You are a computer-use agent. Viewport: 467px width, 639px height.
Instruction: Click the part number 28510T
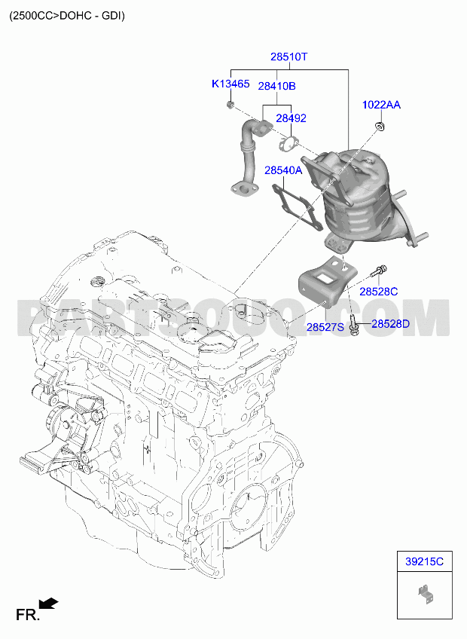coord(289,57)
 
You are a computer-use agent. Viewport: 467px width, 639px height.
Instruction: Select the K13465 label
coord(230,84)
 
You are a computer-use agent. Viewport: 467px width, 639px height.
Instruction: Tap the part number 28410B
coord(276,86)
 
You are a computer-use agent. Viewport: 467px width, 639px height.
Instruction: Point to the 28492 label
coord(291,118)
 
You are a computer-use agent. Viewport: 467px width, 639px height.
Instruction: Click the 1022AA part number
coord(381,105)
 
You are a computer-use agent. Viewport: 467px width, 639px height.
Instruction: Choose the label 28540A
coord(283,170)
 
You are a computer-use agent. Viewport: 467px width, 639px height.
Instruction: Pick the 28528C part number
coord(378,292)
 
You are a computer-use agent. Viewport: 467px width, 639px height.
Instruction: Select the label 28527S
coord(325,327)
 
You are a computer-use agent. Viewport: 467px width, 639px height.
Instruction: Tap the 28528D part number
coord(390,324)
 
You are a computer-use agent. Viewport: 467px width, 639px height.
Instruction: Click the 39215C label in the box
coord(424,561)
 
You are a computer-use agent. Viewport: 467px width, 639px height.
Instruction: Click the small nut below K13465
coord(230,105)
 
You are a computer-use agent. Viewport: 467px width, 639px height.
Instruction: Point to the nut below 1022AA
coord(380,126)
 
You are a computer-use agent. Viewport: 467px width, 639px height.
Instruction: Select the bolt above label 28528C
coord(379,271)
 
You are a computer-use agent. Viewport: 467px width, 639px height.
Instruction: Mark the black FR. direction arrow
coord(48,604)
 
